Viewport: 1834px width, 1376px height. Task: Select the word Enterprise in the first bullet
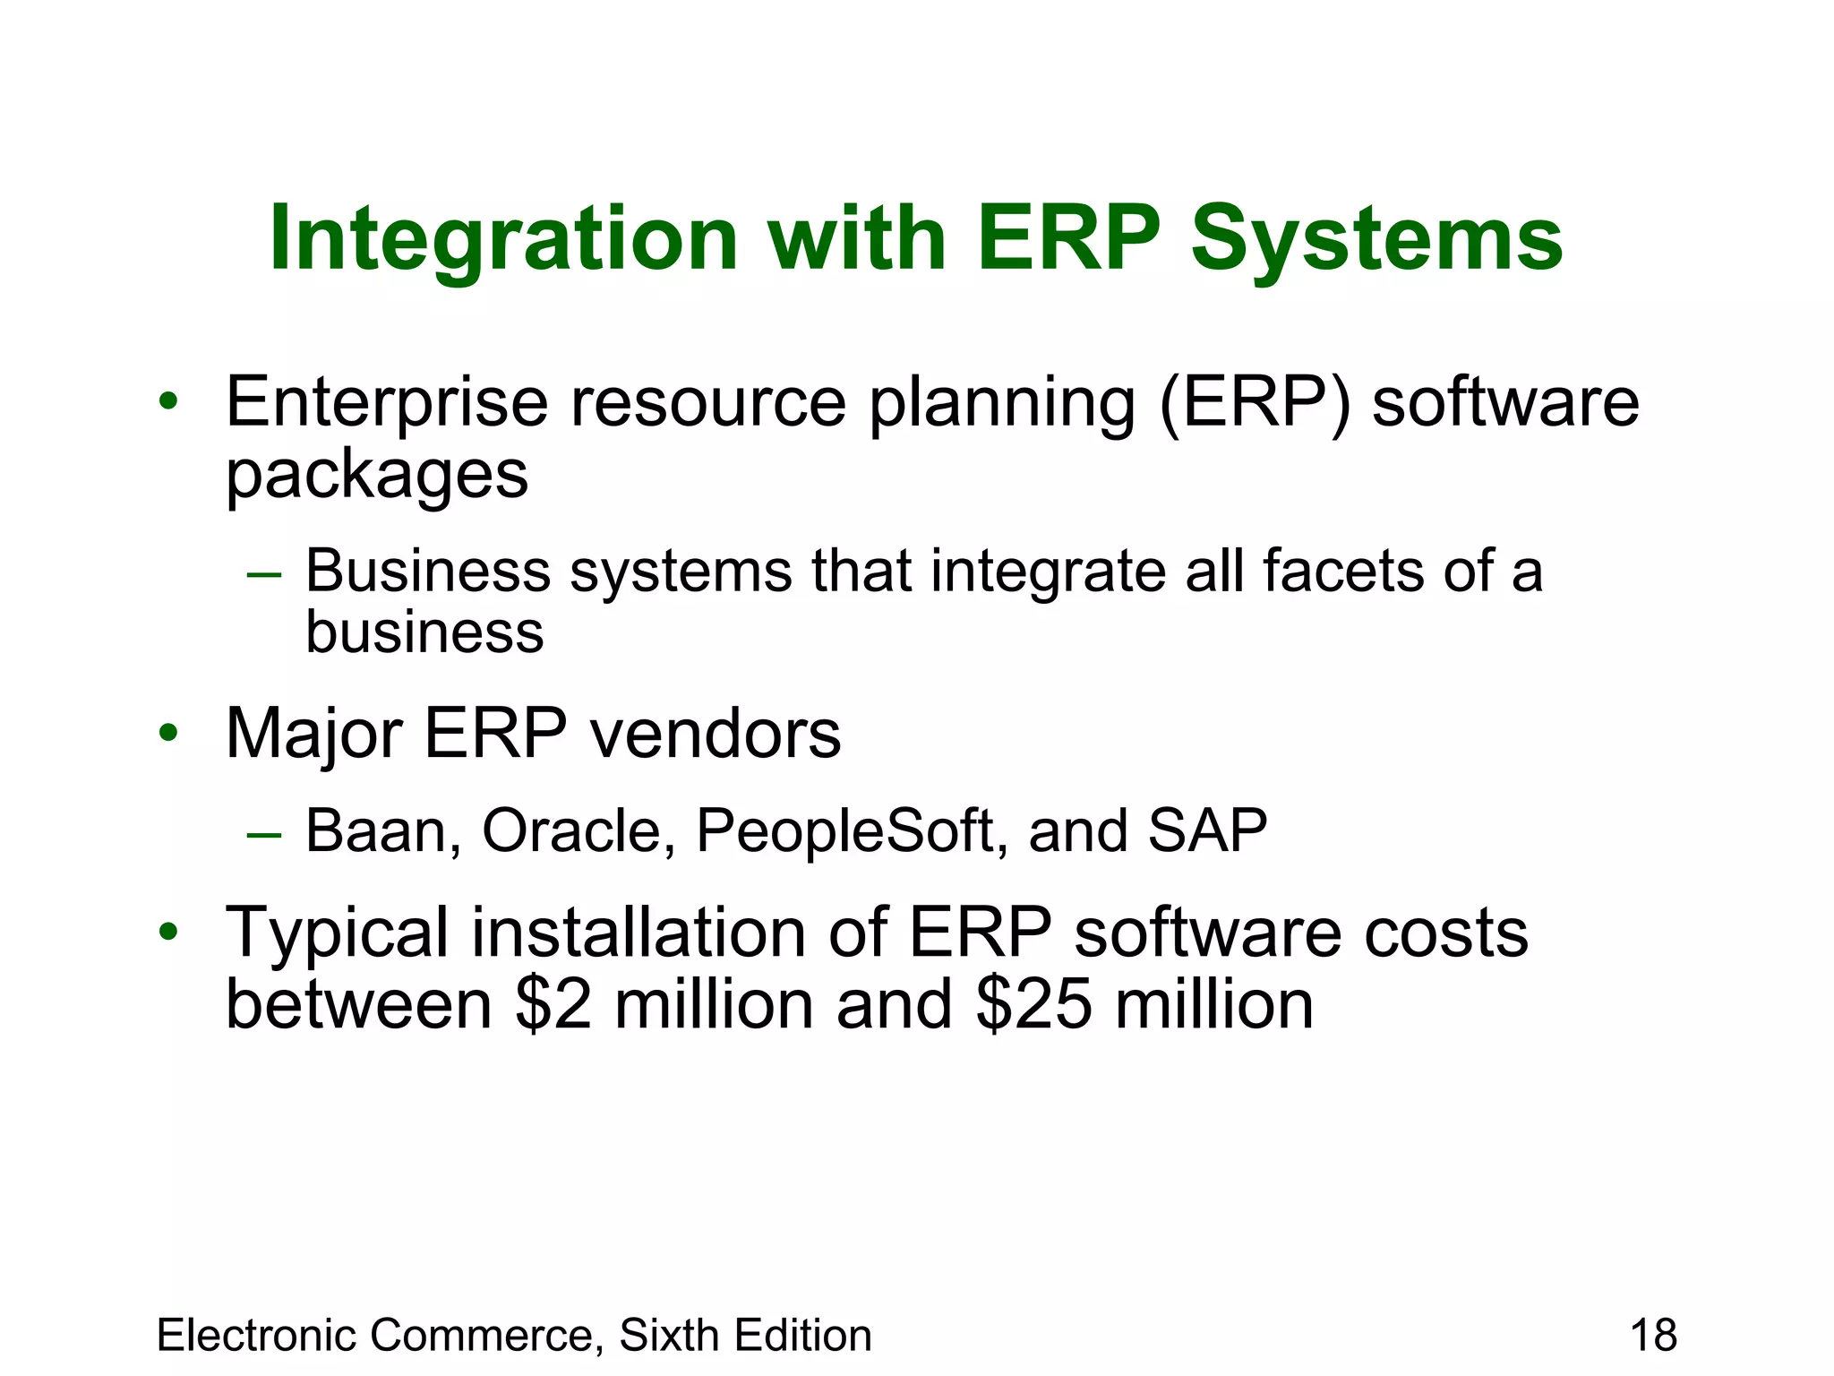coord(386,402)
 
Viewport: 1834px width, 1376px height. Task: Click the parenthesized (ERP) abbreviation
coord(1254,402)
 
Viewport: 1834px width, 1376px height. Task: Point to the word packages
coord(377,475)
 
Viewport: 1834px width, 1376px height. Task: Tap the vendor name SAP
coord(1206,830)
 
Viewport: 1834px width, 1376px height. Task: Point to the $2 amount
coord(553,1004)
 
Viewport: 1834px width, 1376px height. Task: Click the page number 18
coord(1653,1336)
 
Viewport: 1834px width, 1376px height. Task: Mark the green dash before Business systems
coord(264,574)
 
